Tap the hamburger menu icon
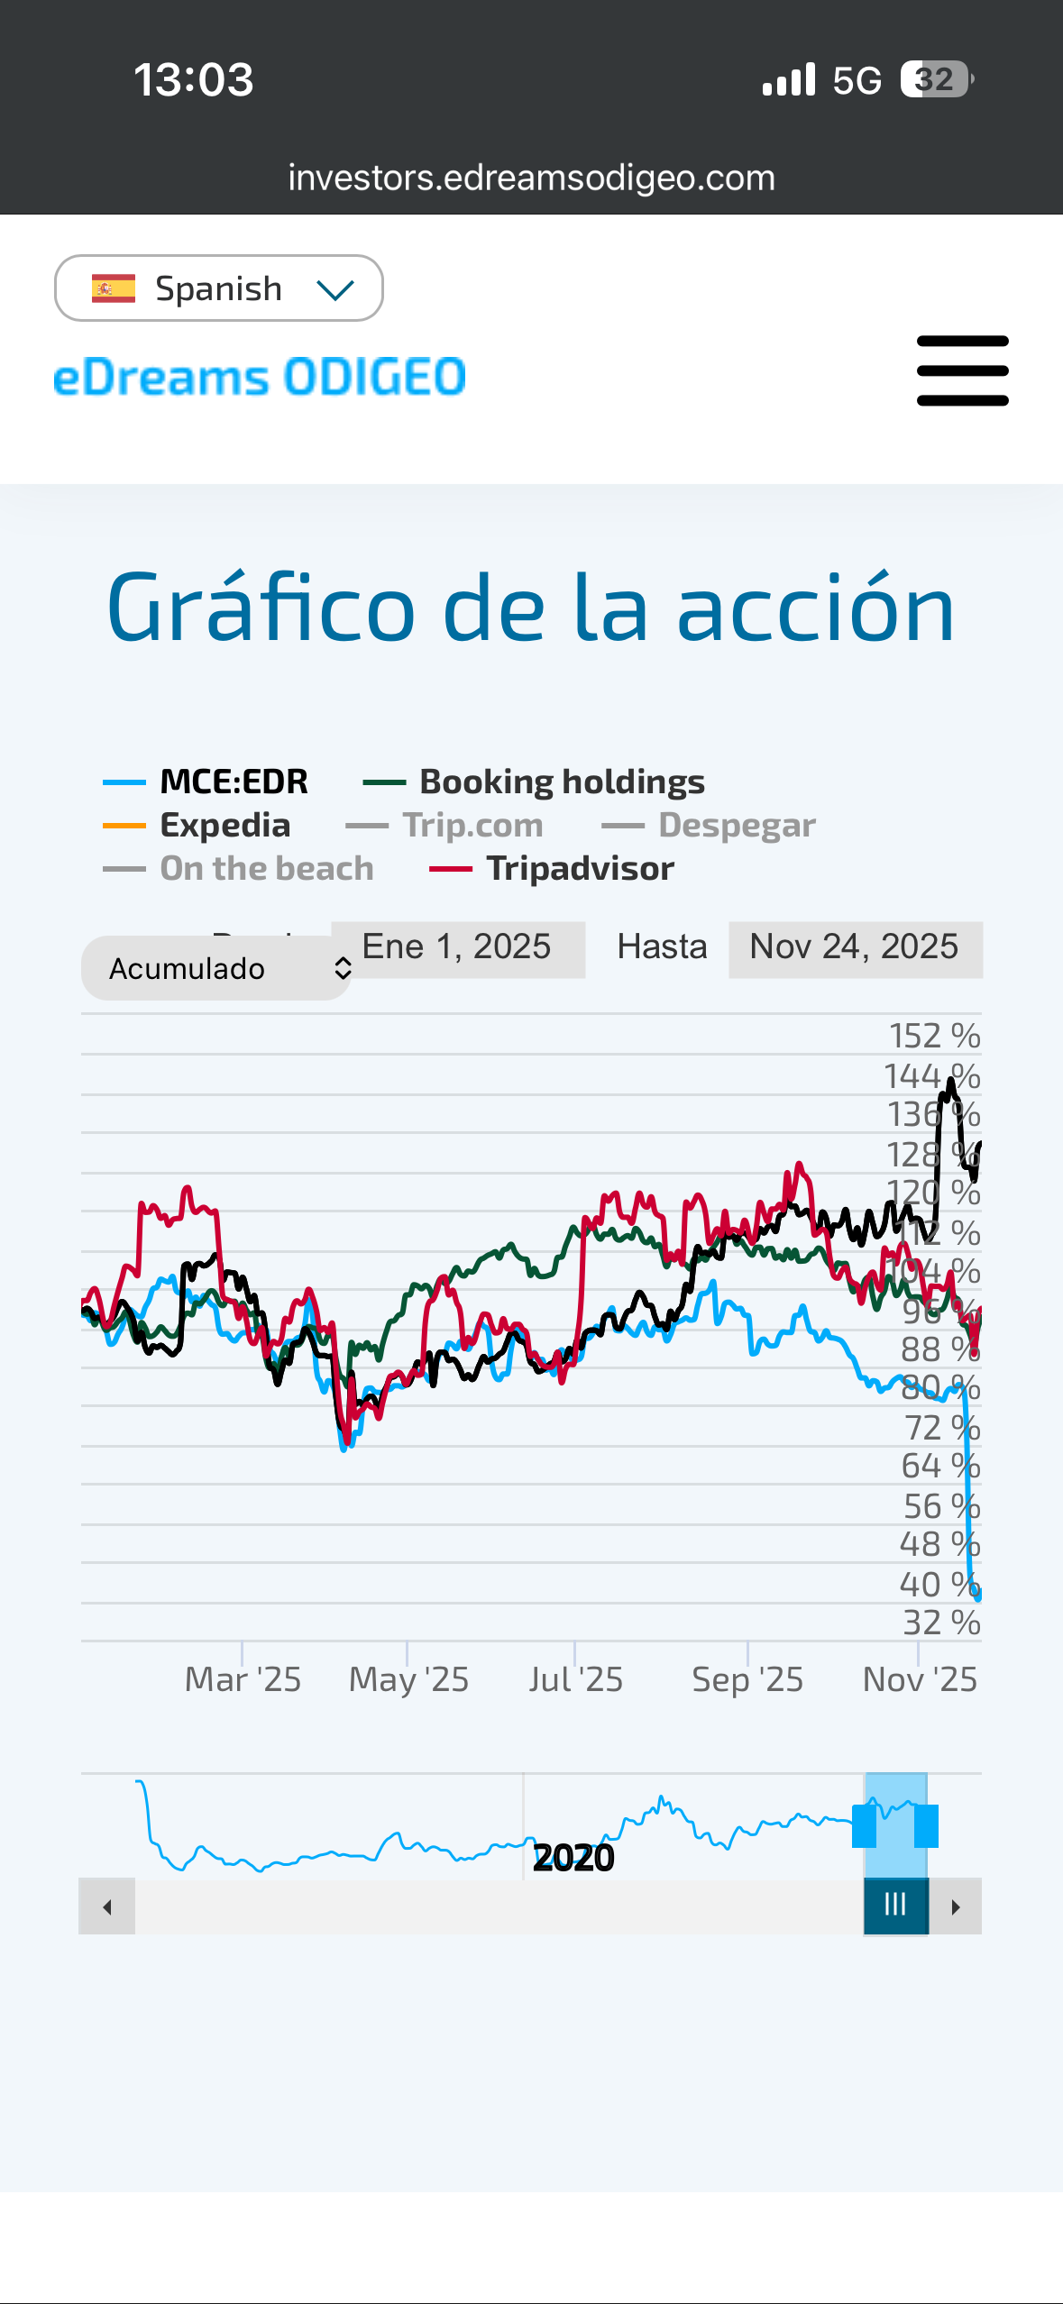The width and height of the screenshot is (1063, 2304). click(962, 370)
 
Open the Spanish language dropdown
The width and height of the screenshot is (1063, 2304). click(219, 288)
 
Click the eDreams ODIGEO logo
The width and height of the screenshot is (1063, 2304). click(260, 377)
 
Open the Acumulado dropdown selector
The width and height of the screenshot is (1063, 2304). click(216, 968)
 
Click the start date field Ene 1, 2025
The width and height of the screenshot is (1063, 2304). click(458, 947)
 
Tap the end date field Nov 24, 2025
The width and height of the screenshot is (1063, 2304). click(855, 947)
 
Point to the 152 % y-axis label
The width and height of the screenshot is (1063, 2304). click(934, 1036)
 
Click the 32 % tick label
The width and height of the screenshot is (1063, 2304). click(941, 1623)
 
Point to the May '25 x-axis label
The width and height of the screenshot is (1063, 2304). click(408, 1679)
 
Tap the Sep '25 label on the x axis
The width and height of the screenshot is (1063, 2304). click(747, 1679)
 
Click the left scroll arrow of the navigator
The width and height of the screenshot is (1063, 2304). click(107, 1906)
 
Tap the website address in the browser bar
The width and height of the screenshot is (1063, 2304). click(531, 178)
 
